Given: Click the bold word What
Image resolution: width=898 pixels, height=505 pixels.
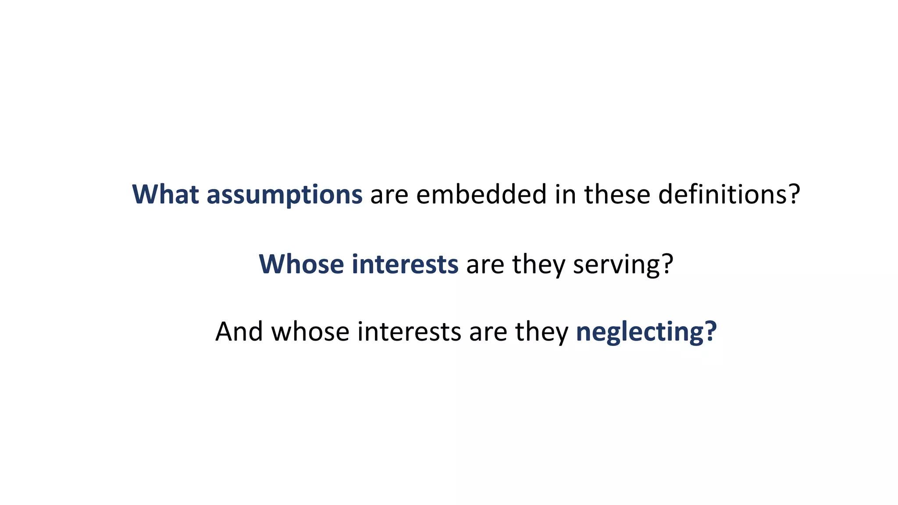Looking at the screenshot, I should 166,194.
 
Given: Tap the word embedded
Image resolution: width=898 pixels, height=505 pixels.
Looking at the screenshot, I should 481,194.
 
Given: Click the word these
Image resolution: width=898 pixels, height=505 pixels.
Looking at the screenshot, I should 617,194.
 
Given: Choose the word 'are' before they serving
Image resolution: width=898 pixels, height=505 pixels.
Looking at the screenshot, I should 485,265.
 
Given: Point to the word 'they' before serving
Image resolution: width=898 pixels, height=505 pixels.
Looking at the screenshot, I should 538,265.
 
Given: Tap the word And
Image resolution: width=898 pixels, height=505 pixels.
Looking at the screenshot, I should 239,331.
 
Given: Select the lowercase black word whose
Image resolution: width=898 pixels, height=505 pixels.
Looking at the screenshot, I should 310,331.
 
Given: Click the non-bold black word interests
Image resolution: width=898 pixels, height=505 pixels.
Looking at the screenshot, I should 409,331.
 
